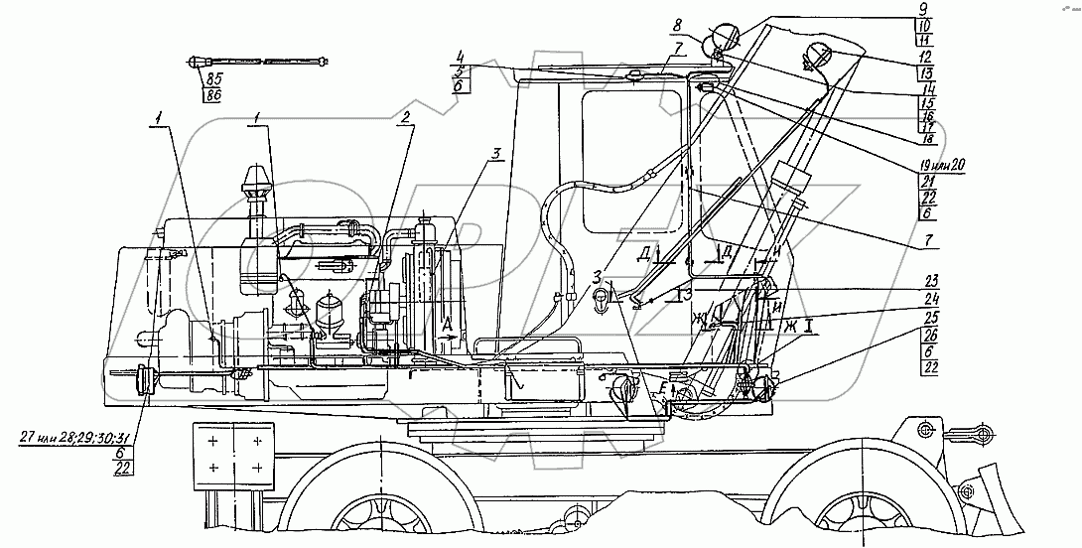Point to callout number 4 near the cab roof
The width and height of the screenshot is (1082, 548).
tap(461, 55)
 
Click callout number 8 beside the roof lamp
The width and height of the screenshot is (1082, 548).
tap(676, 22)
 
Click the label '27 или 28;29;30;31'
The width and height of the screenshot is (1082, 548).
tap(75, 435)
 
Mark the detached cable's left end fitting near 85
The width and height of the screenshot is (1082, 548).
tap(193, 64)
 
